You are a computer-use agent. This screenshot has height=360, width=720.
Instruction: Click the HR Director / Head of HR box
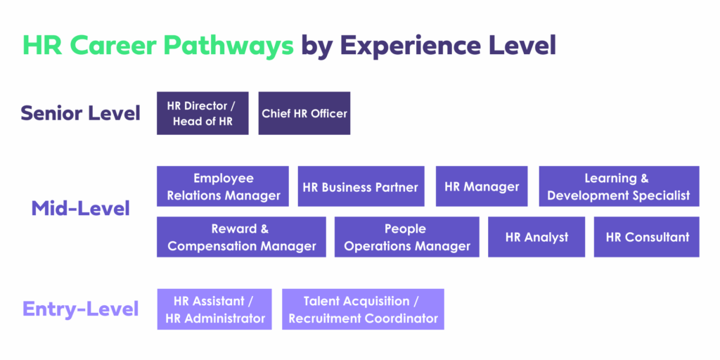pyautogui.click(x=202, y=113)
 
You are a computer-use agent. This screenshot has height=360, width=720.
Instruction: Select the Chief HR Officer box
pyautogui.click(x=304, y=113)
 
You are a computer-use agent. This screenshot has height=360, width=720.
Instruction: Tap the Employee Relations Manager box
pyautogui.click(x=223, y=186)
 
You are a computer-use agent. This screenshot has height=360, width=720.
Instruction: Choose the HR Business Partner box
pyautogui.click(x=361, y=186)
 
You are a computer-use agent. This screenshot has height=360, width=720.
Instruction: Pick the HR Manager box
pyautogui.click(x=482, y=186)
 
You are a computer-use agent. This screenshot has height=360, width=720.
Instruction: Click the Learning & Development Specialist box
pyautogui.click(x=619, y=186)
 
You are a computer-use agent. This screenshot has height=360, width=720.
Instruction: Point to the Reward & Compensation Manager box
pyautogui.click(x=242, y=237)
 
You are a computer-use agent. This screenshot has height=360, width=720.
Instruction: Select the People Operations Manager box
pyautogui.click(x=407, y=237)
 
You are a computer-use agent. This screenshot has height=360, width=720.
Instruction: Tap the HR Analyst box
pyautogui.click(x=536, y=237)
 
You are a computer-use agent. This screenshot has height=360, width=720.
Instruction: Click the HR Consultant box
pyautogui.click(x=647, y=237)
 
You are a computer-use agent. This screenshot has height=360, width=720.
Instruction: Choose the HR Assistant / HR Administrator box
pyautogui.click(x=214, y=309)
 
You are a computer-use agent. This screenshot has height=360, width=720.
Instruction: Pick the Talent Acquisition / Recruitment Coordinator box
pyautogui.click(x=364, y=309)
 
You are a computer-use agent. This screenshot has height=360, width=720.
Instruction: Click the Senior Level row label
pyautogui.click(x=80, y=113)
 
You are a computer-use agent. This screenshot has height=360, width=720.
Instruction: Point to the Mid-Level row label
pyautogui.click(x=80, y=209)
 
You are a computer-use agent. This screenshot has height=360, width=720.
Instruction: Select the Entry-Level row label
pyautogui.click(x=80, y=309)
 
